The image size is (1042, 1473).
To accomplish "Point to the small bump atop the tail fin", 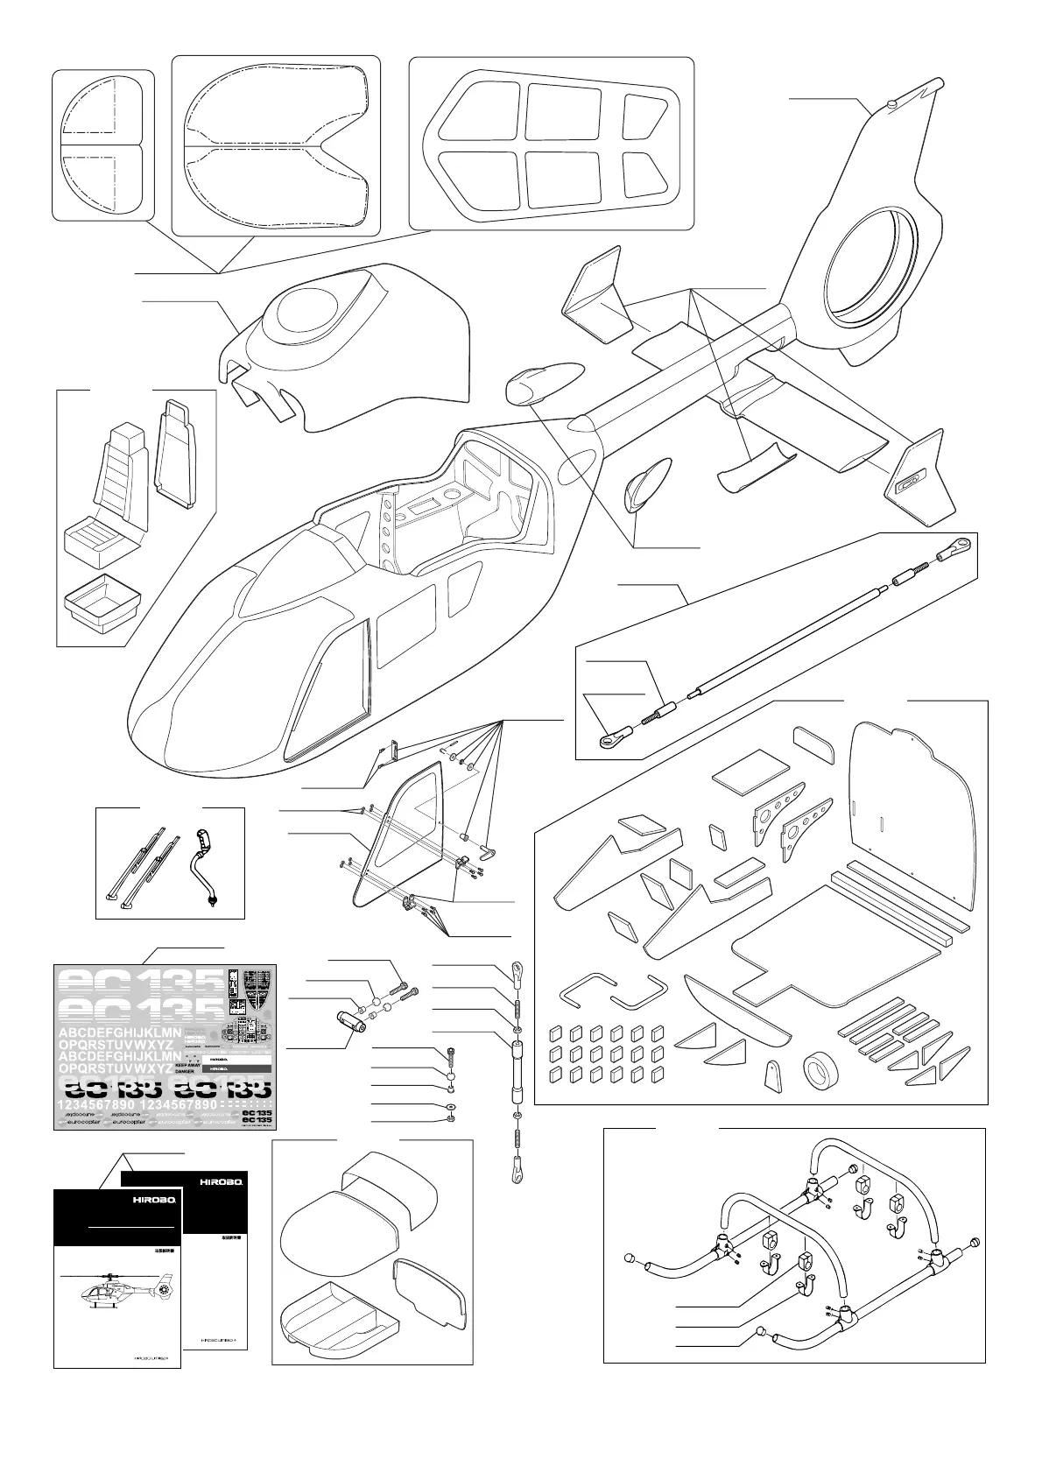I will pyautogui.click(x=891, y=104).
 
